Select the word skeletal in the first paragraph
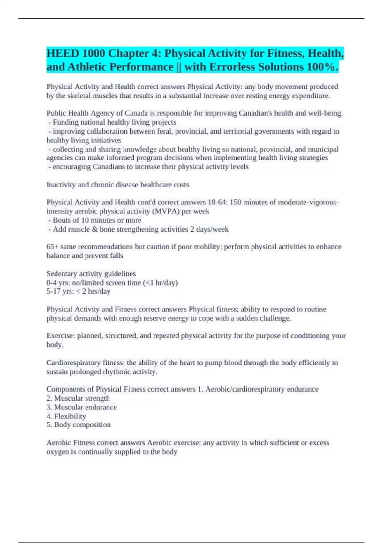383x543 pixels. [x=79, y=96]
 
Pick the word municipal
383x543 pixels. [x=323, y=149]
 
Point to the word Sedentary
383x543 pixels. [x=61, y=274]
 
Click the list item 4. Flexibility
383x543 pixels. [x=66, y=416]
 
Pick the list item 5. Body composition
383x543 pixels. [x=79, y=425]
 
